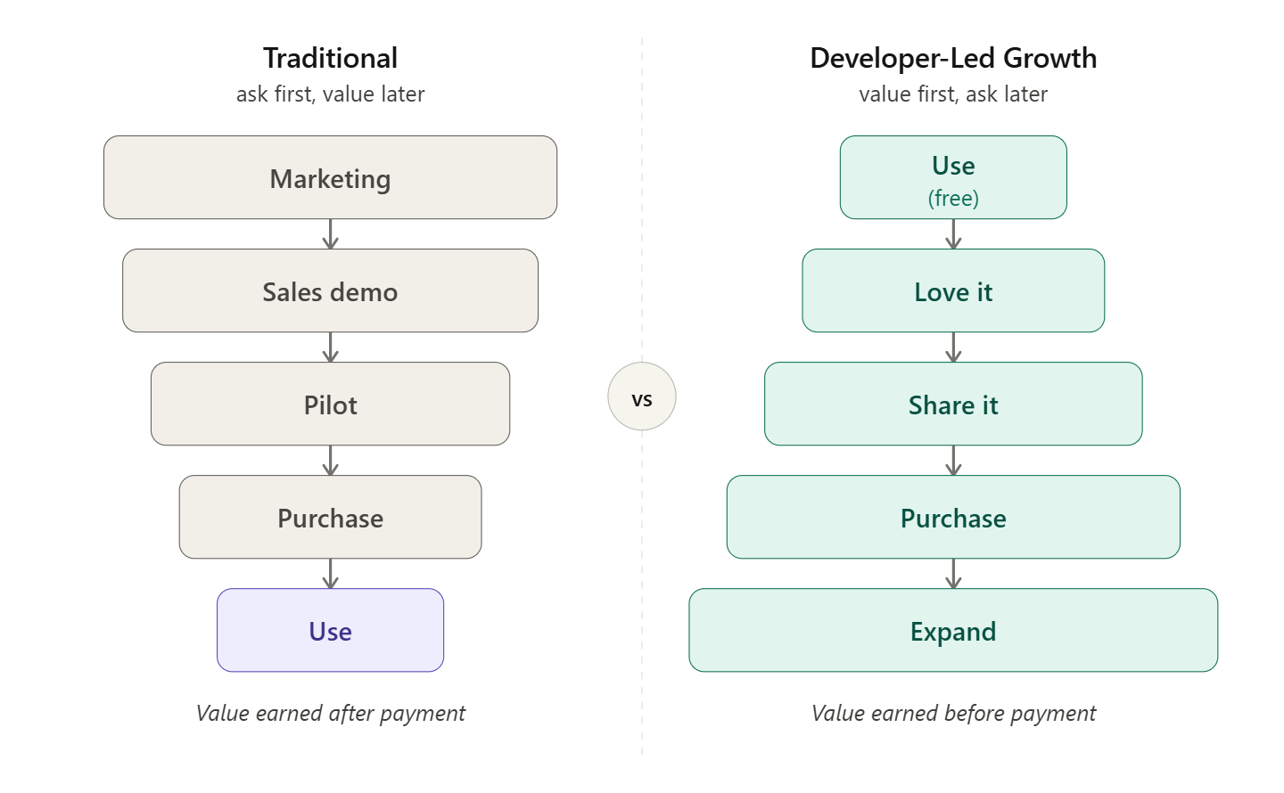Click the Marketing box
330,177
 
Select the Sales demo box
330,290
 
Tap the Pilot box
330,404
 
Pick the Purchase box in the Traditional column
330,517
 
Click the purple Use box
330,630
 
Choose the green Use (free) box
953,176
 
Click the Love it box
953,290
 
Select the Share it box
953,404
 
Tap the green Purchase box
953,517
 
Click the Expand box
953,630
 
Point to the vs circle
642,396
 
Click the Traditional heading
330,58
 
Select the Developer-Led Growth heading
953,58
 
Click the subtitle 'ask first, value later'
330,94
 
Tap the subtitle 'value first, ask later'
953,94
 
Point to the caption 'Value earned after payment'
330,713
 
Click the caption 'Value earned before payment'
953,713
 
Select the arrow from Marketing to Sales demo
330,234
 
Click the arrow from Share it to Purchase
953,461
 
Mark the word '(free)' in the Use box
953,198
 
